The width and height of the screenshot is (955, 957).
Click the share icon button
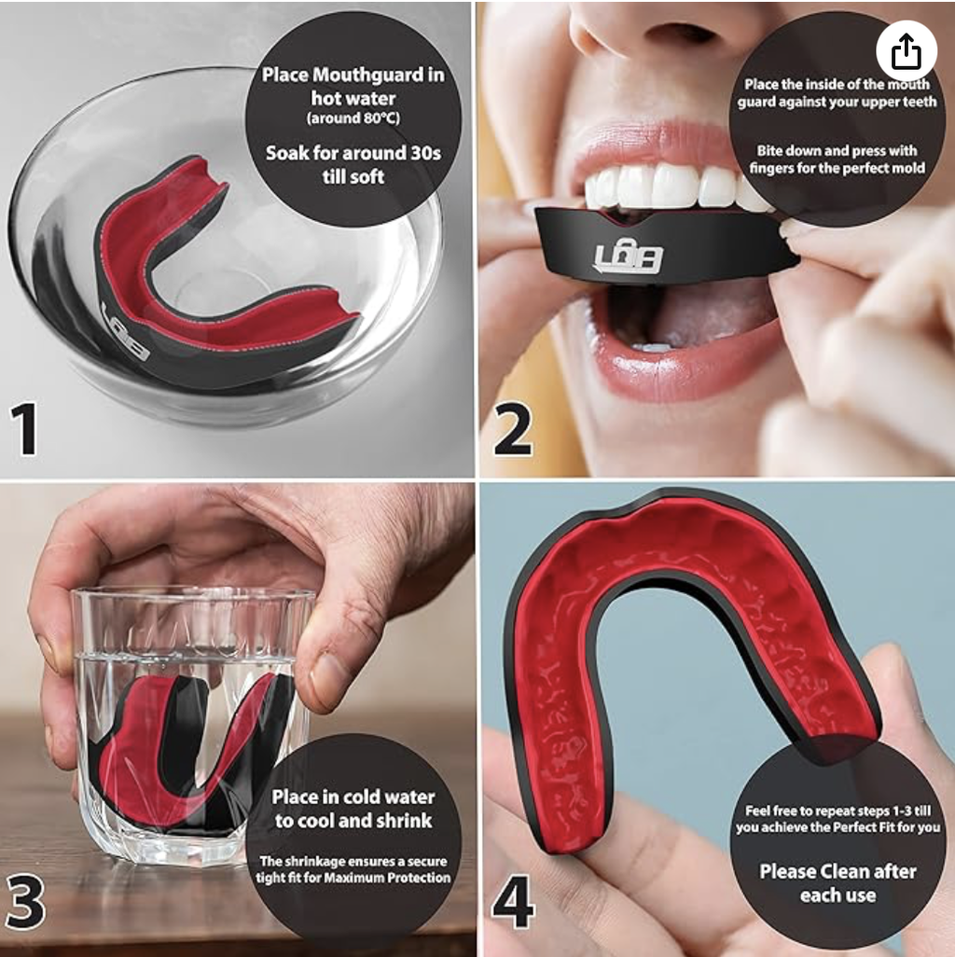pos(907,52)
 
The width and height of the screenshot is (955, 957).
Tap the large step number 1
pos(24,428)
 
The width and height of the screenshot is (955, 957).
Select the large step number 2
pos(512,429)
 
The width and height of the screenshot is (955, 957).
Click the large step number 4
pos(513,903)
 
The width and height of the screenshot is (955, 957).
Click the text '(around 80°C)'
pos(353,118)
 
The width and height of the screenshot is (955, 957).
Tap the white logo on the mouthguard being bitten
pos(628,257)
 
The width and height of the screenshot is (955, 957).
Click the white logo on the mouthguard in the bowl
pos(124,330)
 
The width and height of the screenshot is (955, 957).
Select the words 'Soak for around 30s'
pos(353,153)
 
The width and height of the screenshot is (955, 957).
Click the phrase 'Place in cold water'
pos(353,797)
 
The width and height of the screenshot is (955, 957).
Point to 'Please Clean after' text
pos(837,871)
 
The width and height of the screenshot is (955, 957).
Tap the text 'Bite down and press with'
pos(837,150)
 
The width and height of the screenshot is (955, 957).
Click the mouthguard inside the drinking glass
pos(183,756)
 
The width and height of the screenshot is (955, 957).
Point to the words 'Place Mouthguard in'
pos(353,75)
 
